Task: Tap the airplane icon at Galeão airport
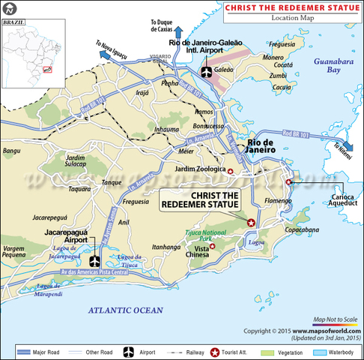[x=207, y=71]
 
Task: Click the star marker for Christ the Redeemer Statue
[x=251, y=222]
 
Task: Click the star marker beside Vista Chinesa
[x=213, y=246]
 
